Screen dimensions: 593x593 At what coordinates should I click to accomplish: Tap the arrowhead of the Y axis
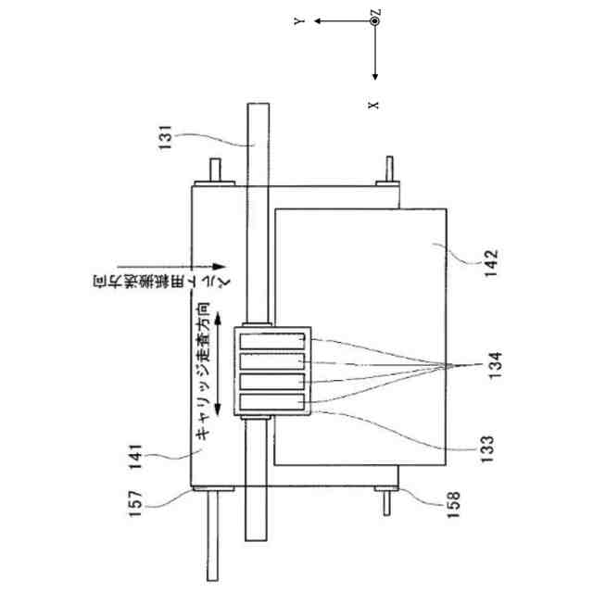pyautogui.click(x=316, y=20)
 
